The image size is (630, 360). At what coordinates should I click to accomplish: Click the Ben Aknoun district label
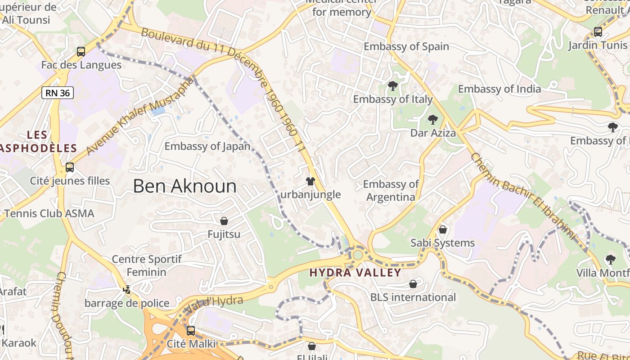click(184, 186)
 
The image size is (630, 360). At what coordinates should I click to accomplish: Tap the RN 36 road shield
click(58, 93)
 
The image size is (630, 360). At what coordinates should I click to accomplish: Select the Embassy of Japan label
click(207, 146)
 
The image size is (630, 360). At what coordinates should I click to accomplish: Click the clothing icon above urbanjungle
click(310, 181)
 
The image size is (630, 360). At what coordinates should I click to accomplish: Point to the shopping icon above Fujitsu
click(224, 221)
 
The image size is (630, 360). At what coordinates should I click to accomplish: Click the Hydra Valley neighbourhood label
click(355, 273)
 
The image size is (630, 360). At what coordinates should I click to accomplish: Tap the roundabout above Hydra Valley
click(358, 255)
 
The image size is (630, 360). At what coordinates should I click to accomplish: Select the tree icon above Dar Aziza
click(433, 120)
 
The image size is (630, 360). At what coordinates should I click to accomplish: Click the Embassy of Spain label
click(406, 46)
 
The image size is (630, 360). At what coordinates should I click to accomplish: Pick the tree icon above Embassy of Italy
click(393, 85)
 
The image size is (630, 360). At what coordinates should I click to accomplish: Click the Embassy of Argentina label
click(391, 190)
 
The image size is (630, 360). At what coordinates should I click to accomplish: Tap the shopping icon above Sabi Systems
click(443, 229)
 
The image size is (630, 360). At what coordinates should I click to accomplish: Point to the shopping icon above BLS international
click(413, 284)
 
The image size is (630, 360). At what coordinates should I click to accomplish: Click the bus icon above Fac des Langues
click(81, 52)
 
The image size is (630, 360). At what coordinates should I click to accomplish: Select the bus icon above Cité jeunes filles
click(70, 167)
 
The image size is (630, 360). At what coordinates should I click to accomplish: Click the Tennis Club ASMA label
click(49, 213)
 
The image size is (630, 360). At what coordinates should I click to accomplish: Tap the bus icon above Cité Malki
click(191, 331)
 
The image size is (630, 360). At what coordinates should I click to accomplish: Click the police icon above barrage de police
click(127, 290)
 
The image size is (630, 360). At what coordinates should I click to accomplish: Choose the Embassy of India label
click(499, 89)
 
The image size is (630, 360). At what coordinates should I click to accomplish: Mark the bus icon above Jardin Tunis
click(598, 32)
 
